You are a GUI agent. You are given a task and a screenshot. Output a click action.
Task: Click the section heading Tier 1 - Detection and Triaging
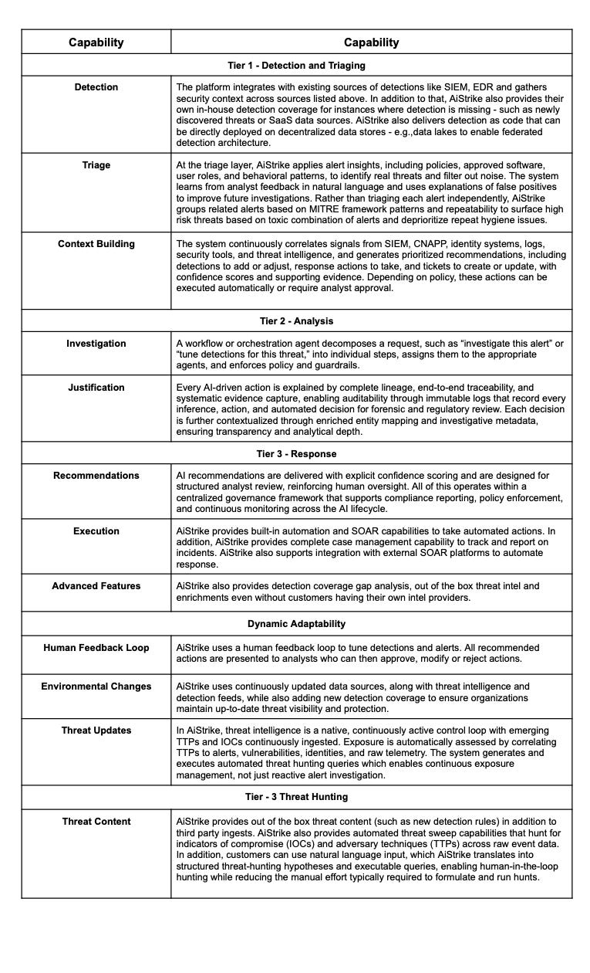(x=296, y=66)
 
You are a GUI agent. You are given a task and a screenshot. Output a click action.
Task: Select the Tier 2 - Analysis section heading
(x=296, y=320)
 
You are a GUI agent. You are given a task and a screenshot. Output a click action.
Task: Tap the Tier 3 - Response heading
(x=296, y=453)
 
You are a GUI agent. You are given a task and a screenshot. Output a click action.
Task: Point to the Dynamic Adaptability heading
(x=296, y=623)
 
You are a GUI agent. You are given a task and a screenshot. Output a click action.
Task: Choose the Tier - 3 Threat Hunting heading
(x=296, y=796)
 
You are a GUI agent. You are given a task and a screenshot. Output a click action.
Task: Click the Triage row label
(x=96, y=165)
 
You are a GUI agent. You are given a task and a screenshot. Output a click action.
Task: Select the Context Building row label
(x=96, y=244)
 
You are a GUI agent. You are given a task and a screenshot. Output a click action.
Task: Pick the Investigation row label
(x=96, y=344)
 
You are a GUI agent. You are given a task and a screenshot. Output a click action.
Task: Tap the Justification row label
(x=96, y=388)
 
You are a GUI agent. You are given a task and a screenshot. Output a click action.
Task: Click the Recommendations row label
(x=96, y=476)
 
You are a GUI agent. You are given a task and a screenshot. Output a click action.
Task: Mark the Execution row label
(x=96, y=531)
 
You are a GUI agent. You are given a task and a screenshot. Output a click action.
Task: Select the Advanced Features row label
(x=96, y=586)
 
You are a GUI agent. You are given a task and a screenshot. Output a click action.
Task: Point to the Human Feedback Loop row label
(x=96, y=647)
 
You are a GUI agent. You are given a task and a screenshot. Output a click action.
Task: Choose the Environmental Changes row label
(x=96, y=687)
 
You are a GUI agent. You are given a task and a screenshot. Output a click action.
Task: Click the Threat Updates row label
(x=96, y=731)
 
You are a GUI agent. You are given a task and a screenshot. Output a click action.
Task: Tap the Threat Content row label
(x=96, y=822)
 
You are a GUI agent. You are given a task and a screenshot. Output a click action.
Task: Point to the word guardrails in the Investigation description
(x=359, y=365)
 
